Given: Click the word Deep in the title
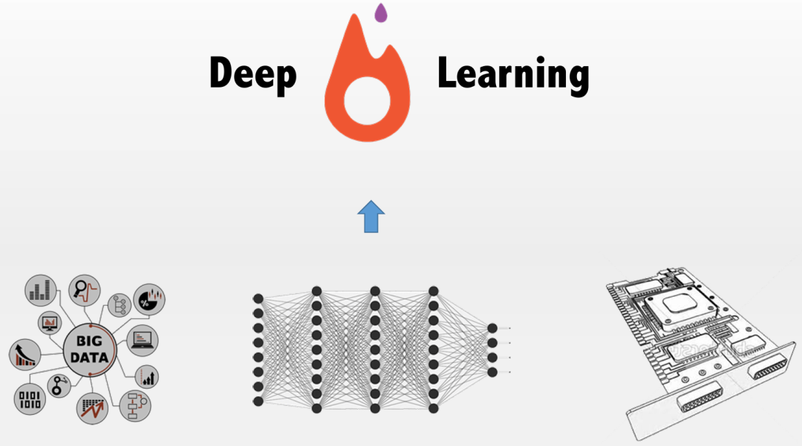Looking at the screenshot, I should pos(252,75).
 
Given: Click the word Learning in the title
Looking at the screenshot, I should pos(513,75).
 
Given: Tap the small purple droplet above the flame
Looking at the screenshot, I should pos(381,12).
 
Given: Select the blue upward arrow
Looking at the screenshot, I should pos(371,217).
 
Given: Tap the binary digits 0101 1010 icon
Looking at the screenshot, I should pos(30,399).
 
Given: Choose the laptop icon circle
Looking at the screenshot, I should pos(142,339).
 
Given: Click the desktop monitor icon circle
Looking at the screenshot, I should pos(51,323).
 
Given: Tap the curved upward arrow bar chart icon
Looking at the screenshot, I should pos(25,355).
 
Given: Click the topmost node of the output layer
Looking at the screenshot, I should pos(492,328).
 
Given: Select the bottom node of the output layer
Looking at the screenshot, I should pos(492,372).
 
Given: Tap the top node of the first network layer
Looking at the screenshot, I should pos(258,298).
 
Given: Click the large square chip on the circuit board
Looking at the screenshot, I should pos(680,304).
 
